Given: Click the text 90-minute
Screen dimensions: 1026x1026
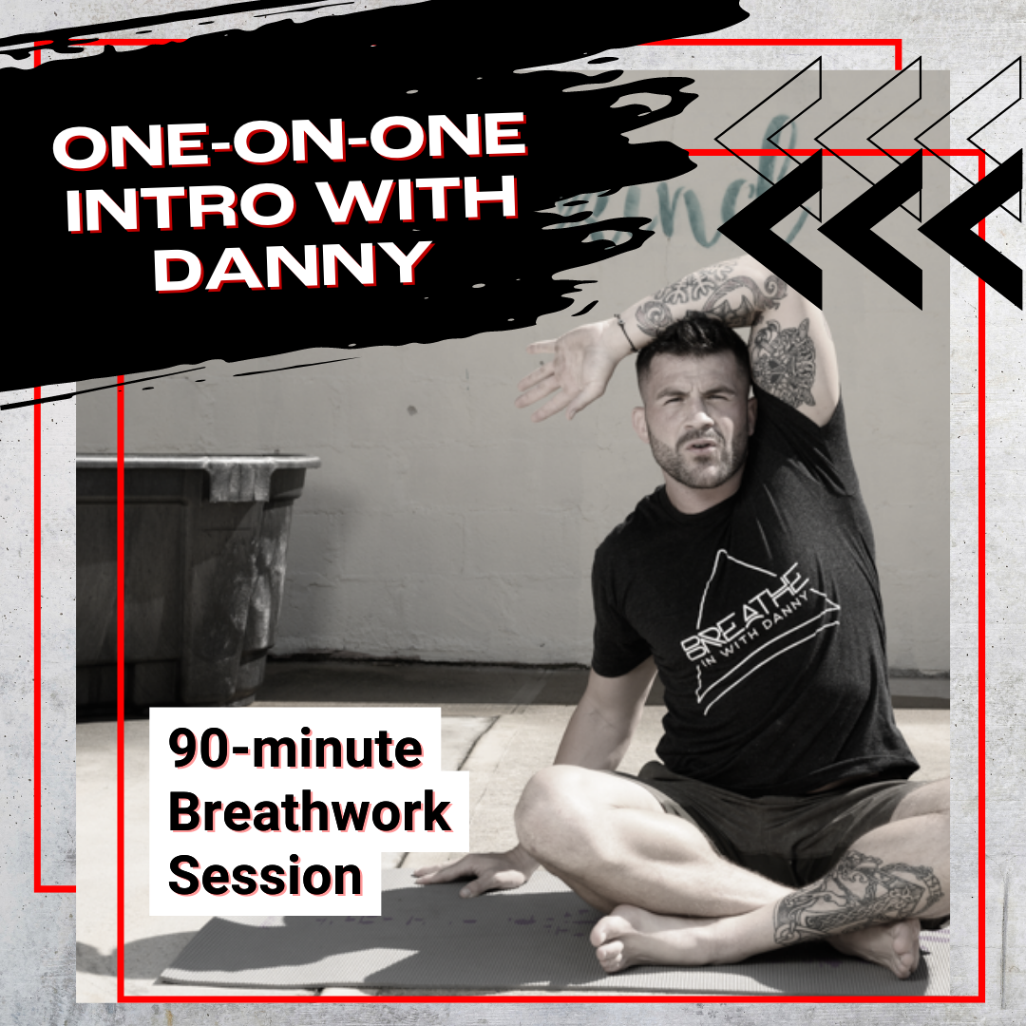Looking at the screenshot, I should tap(295, 750).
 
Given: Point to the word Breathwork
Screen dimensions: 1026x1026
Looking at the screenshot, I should tap(310, 813).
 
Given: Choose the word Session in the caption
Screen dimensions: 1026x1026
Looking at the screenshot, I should tap(265, 876).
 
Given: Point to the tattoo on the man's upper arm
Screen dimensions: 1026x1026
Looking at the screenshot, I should tap(784, 361).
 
